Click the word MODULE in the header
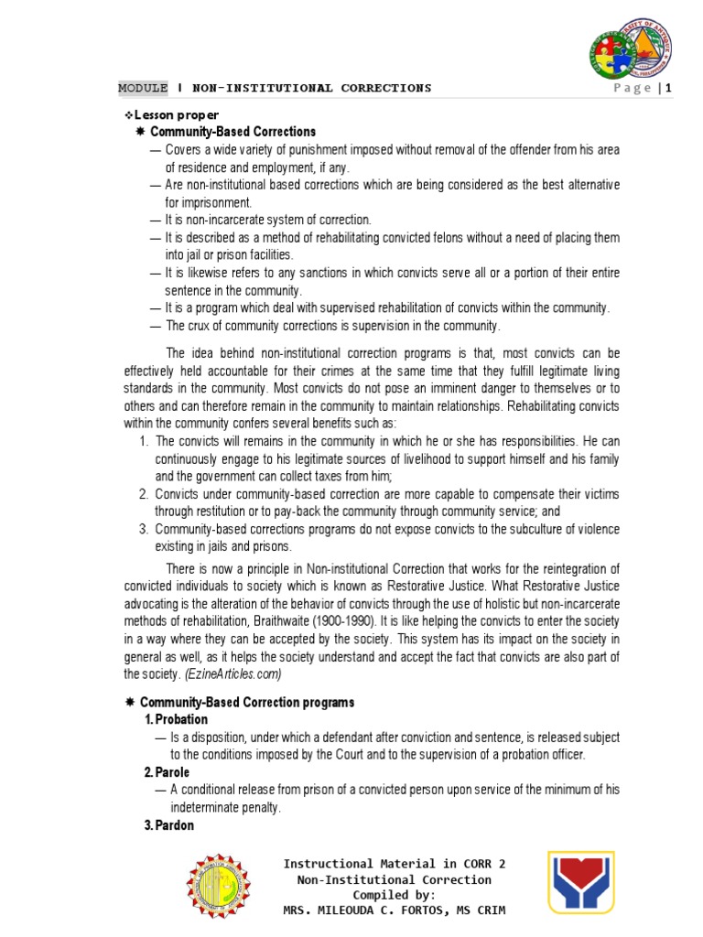coord(143,88)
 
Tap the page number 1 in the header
coord(670,88)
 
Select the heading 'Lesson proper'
coord(176,114)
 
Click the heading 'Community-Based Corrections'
coord(233,132)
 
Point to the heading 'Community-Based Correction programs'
coord(252,702)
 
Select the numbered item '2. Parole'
coord(168,772)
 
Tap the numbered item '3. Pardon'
coord(169,825)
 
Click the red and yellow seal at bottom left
coord(223,887)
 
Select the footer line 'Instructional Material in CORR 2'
coord(394,864)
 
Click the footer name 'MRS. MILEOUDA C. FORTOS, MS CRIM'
coord(394,910)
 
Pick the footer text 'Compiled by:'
coord(394,895)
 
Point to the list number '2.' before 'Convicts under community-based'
coord(145,494)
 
